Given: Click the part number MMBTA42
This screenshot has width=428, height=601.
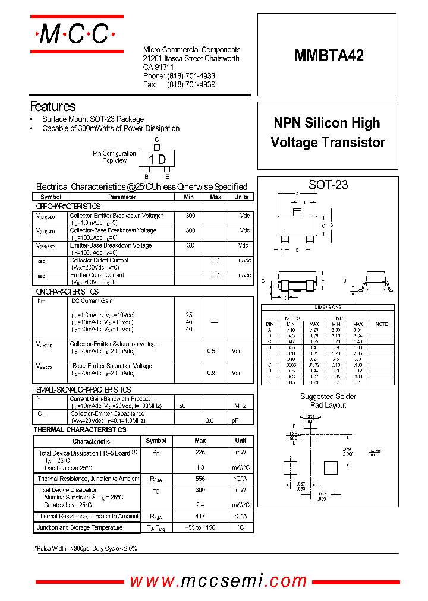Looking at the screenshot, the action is [329, 56].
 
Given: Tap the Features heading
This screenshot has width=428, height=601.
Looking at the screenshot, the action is [53, 107].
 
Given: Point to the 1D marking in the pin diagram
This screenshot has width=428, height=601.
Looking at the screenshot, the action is [157, 159].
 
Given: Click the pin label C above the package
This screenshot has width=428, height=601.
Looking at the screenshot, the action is [157, 141].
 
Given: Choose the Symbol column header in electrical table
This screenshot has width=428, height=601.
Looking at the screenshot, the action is [51, 197].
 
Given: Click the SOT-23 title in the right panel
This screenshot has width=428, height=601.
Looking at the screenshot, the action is [328, 185].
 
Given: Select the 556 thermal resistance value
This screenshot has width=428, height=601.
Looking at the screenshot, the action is [200, 479].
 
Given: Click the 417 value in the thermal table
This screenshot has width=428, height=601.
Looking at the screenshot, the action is [200, 517].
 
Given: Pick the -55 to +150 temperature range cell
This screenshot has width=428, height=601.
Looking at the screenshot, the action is [200, 527].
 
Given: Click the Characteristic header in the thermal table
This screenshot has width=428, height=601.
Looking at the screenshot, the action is [91, 441].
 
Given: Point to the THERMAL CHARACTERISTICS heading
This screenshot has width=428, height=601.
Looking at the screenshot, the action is [80, 429].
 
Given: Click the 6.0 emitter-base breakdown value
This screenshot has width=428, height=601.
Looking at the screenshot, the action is [190, 245].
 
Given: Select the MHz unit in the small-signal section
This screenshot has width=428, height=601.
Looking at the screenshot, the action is [240, 405].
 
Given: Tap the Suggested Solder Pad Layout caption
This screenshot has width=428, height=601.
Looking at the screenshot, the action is [328, 401].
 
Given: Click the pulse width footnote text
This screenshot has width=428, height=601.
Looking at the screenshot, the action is [86, 548].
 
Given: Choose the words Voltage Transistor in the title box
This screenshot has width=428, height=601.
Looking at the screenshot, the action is [328, 143].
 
